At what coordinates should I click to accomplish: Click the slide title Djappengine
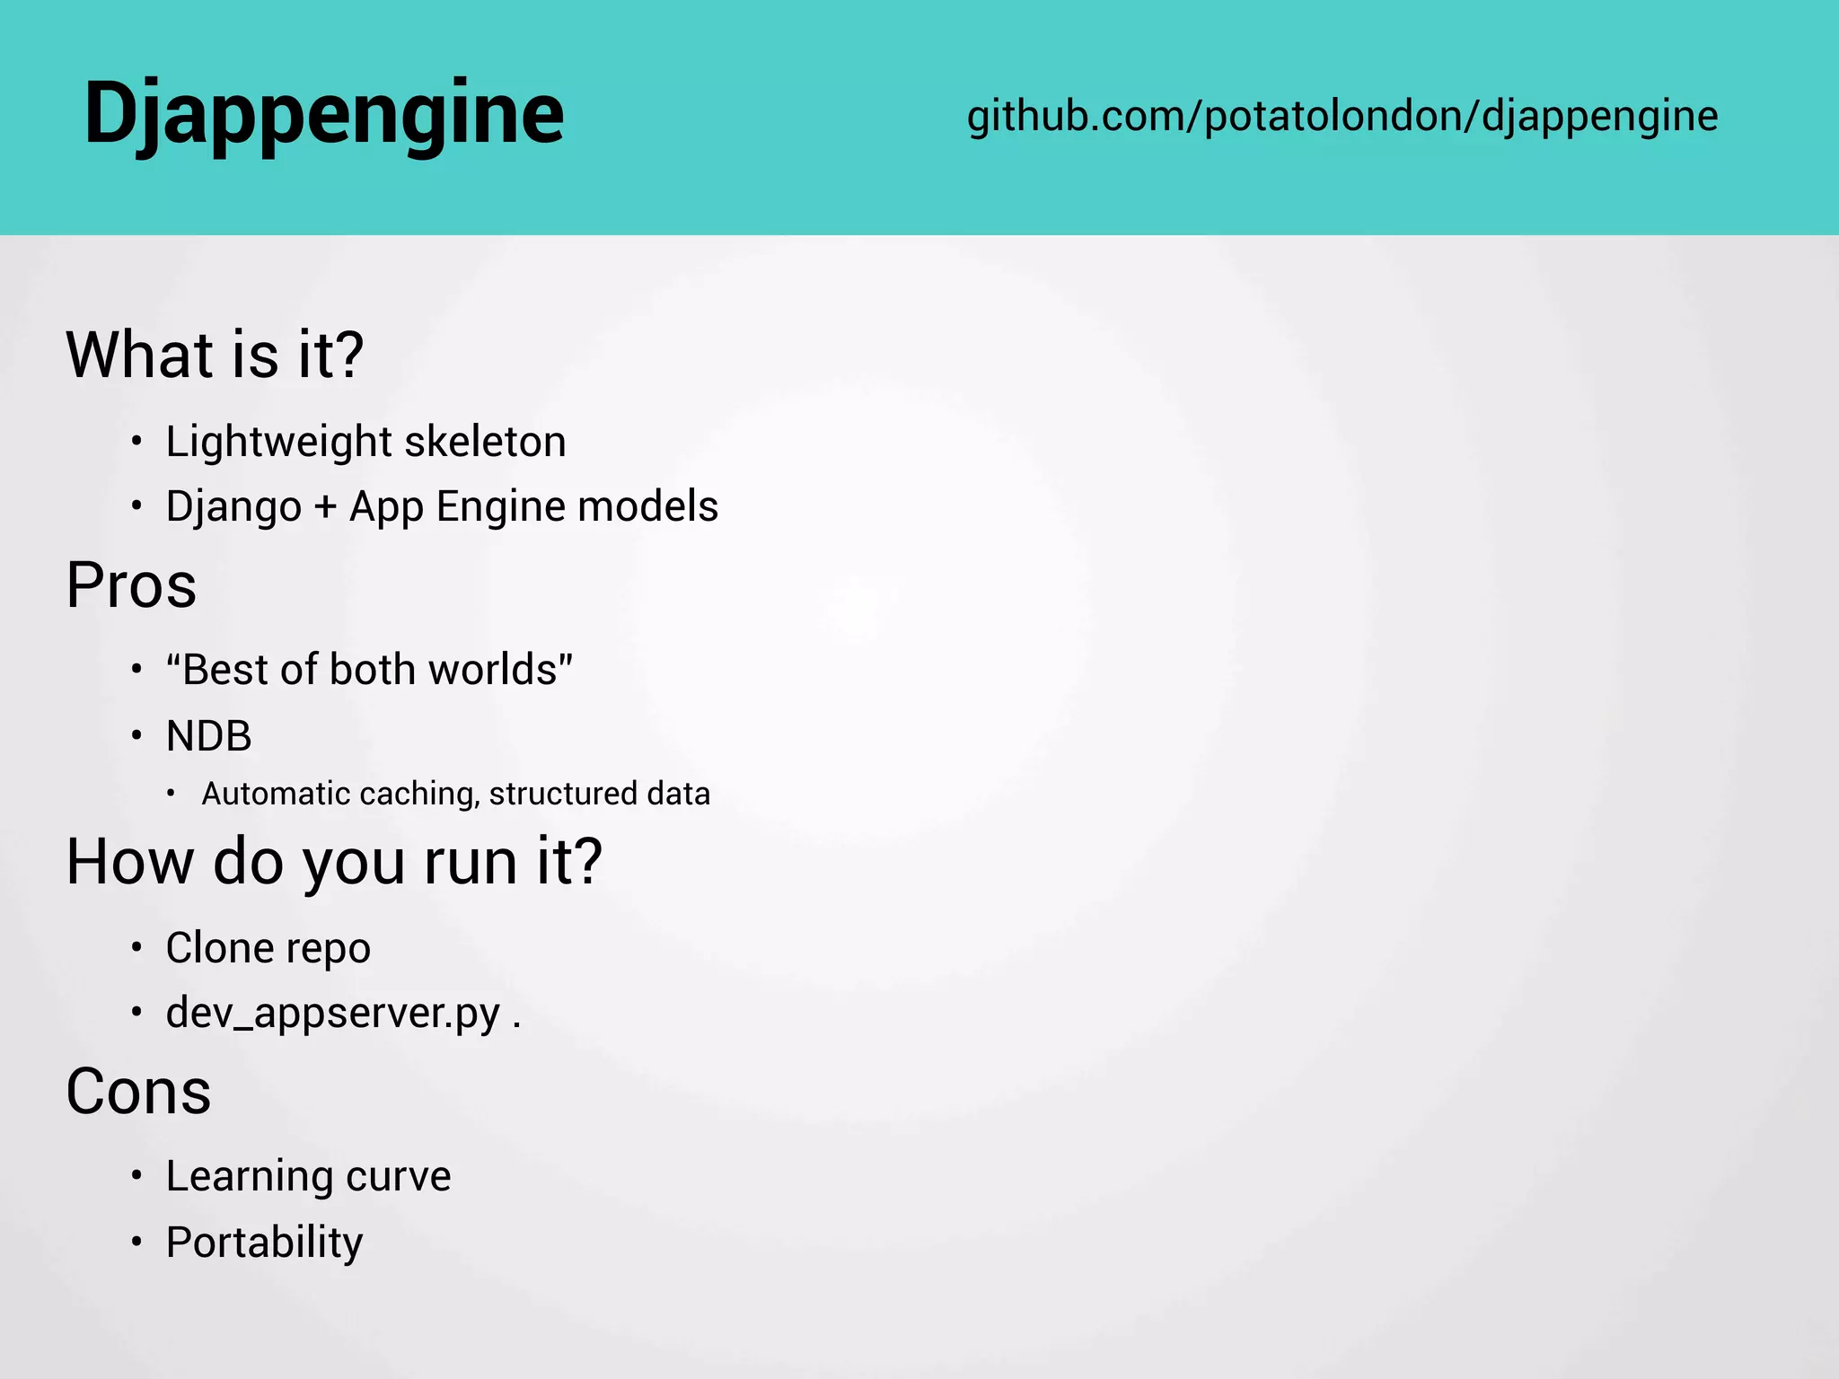[323, 114]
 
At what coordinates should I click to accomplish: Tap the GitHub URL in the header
[1342, 117]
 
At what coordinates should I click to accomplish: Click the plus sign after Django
[325, 507]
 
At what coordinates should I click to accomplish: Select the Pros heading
[131, 585]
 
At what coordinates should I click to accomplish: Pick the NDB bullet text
[208, 736]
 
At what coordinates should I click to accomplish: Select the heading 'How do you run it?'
[334, 862]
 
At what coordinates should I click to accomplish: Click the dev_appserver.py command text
[333, 1014]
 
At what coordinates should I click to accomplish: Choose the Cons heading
[138, 1093]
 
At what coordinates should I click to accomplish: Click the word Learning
[251, 1177]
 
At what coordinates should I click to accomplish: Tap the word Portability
[264, 1243]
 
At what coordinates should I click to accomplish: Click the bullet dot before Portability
[136, 1243]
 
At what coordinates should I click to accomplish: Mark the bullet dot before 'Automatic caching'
[171, 794]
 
